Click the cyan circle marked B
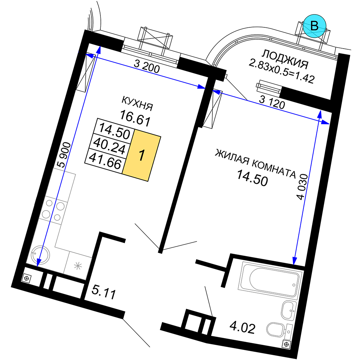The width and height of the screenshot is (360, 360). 314,26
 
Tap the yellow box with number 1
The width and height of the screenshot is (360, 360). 141,156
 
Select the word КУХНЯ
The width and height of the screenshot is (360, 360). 137,103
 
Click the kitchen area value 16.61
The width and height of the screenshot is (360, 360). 135,118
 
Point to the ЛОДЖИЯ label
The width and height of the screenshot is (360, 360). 285,59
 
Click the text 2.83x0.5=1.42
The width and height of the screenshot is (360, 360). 282,71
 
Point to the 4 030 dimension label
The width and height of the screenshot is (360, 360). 302,186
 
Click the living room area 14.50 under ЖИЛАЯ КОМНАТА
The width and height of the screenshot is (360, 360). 252,178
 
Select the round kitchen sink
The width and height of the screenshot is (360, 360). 40,255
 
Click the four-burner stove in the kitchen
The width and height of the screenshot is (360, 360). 53,210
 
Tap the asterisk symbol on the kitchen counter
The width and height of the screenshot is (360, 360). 78,266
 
